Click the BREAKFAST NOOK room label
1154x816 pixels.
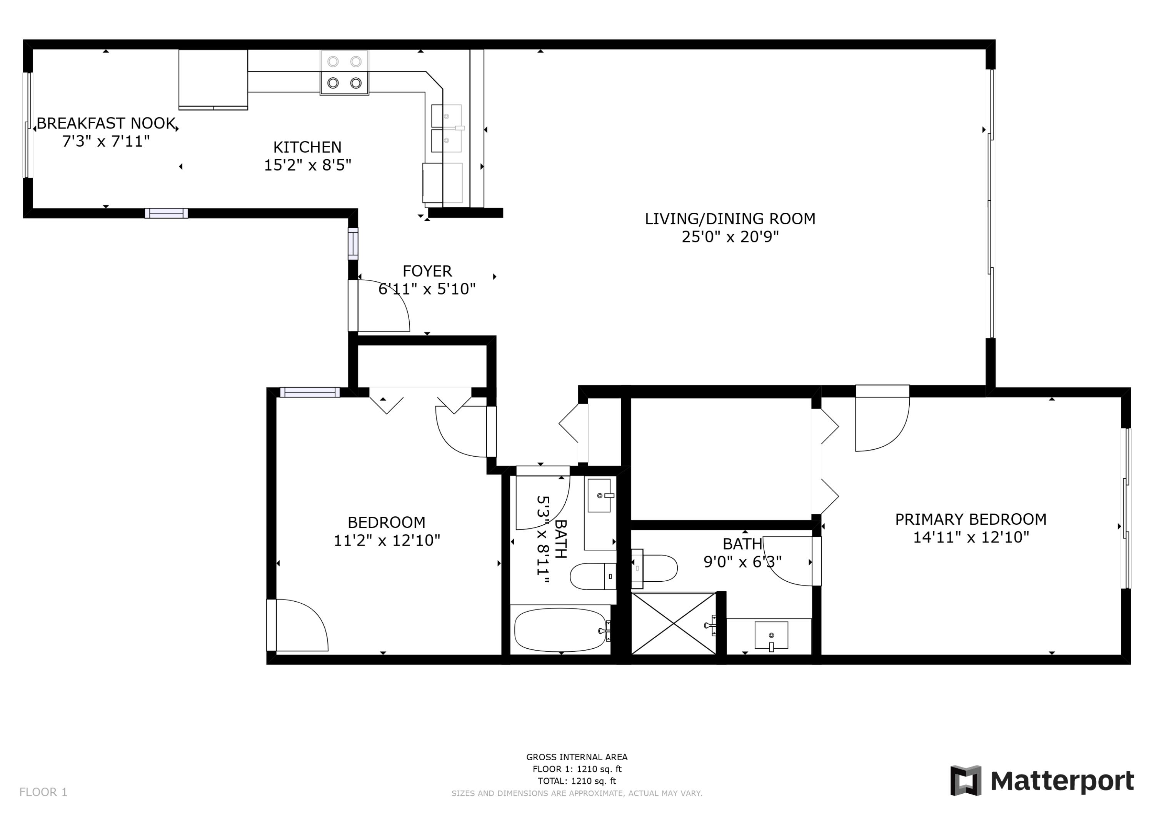(106, 123)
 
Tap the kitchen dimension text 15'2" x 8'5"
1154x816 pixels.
(308, 165)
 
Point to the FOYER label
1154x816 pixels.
(427, 271)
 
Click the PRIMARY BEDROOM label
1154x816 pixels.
(971, 519)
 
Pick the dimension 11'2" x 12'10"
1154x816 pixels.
(387, 541)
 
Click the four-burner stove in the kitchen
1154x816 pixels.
(344, 72)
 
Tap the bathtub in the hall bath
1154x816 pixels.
(560, 630)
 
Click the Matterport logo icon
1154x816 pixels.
(966, 781)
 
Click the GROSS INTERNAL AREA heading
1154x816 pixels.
(577, 757)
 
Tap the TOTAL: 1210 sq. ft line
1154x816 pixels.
(577, 781)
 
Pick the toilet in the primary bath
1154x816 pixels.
(654, 568)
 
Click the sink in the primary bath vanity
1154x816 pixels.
(771, 636)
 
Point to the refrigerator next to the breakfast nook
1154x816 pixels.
(213, 79)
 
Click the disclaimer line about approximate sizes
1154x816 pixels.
(577, 793)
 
